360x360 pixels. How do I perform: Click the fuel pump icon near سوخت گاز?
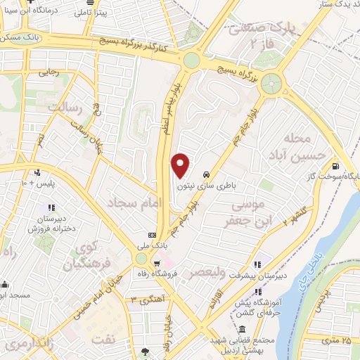tap(333, 167)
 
